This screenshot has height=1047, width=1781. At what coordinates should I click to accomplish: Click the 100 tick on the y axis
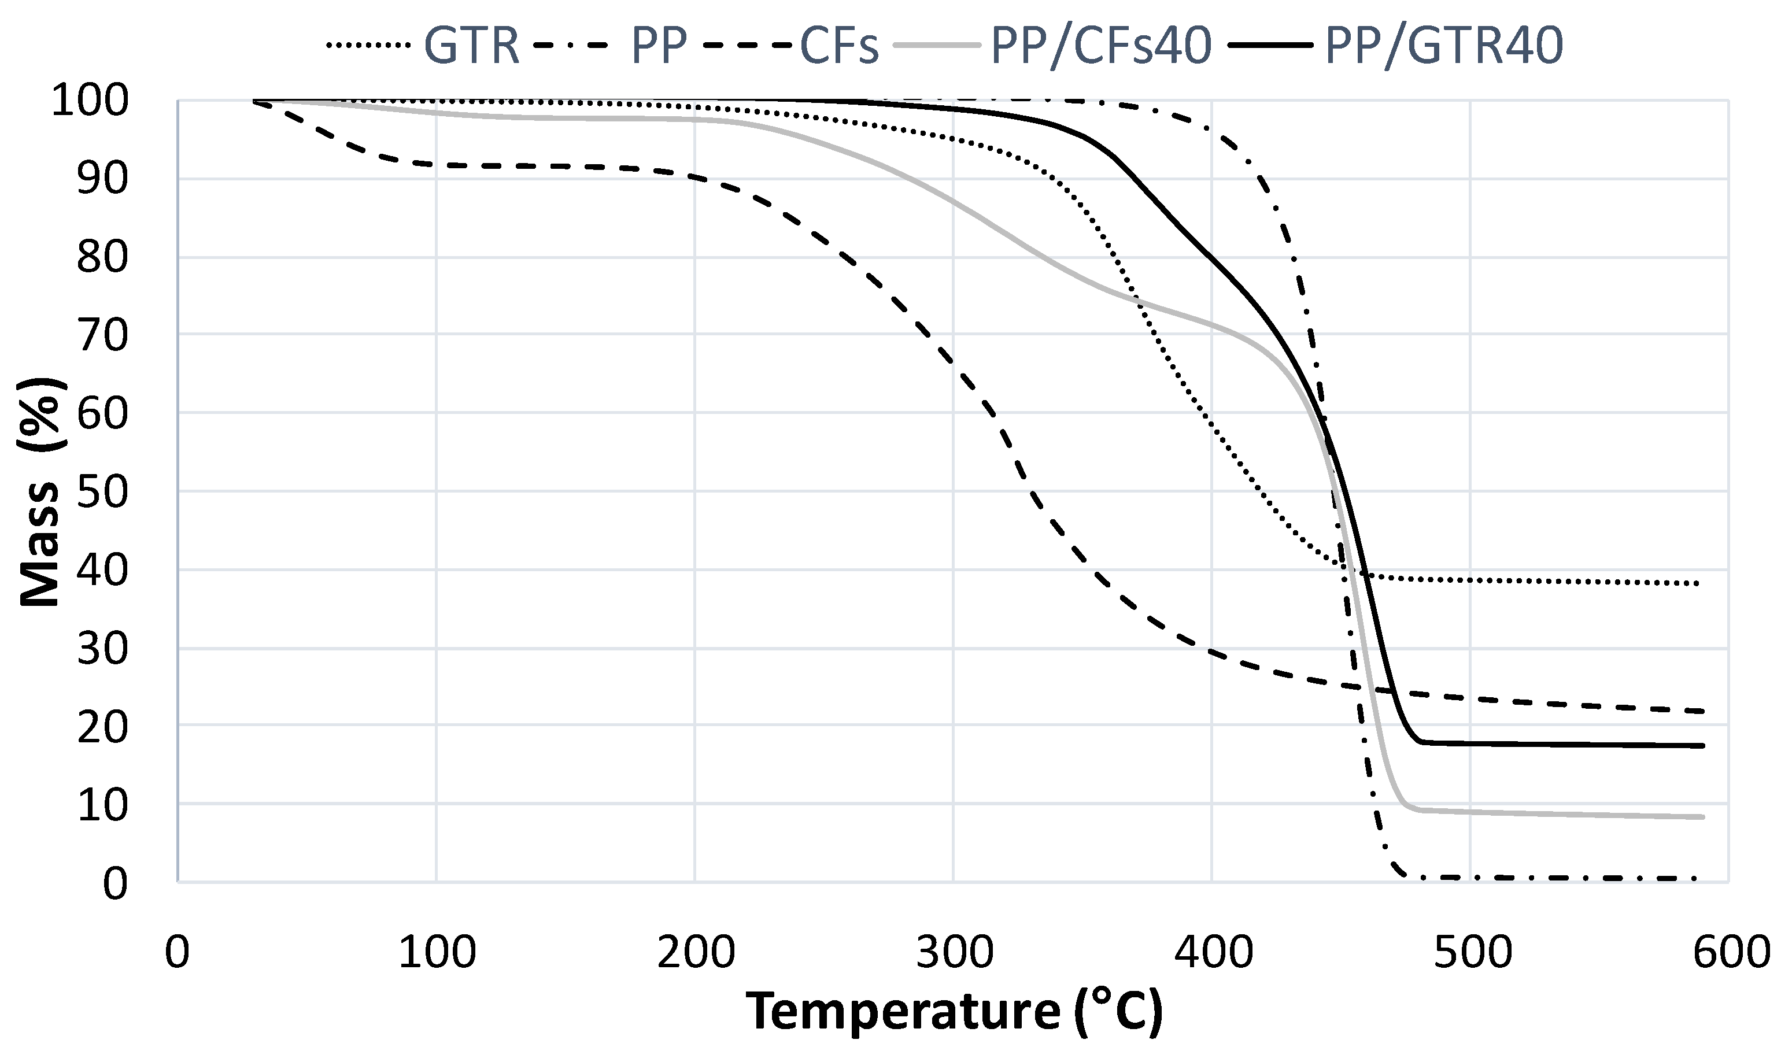90,102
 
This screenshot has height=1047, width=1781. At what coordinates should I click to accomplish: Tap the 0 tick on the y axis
115,883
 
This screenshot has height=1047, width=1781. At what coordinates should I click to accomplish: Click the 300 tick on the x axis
954,952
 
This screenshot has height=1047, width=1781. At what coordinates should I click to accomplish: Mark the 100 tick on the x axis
437,952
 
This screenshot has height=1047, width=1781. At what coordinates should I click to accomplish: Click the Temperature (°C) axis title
954,1012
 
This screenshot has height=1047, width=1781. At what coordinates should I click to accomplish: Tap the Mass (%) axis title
42,492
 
